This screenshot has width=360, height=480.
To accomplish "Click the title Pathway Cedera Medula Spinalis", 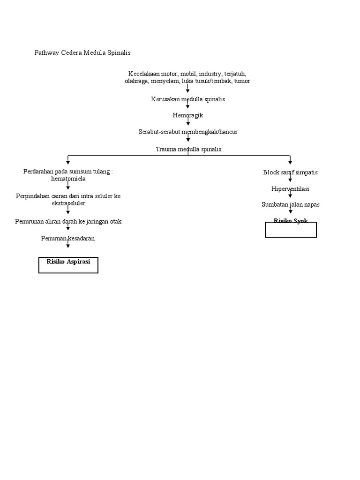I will coord(82,53).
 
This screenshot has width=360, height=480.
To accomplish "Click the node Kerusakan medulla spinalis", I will coord(188,99).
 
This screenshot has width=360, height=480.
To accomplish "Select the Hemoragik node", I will coord(187,115).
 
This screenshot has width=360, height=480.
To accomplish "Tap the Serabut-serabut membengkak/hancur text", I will coord(188,132).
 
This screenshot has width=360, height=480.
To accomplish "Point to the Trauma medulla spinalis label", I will coord(188,149).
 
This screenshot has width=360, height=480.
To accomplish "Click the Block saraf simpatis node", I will coord(290,172).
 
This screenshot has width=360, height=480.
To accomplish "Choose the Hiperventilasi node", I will coord(290,189).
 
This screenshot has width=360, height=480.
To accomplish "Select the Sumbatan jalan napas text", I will coord(290,205).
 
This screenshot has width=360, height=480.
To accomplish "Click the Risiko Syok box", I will coord(291,229).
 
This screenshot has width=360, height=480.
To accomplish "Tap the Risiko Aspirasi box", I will coord(68,265).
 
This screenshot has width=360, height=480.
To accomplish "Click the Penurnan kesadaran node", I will coord(68,239).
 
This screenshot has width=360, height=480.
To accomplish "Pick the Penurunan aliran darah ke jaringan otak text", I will coord(68,221).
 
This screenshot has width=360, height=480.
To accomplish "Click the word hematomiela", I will coord(68,179).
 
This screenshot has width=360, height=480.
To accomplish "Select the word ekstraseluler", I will coord(68,203).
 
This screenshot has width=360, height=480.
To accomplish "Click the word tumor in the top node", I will coord(242,81).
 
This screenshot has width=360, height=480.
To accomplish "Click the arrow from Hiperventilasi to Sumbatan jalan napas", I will coord(290,195).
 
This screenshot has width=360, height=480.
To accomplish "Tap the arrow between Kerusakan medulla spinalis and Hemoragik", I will coord(188,106).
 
